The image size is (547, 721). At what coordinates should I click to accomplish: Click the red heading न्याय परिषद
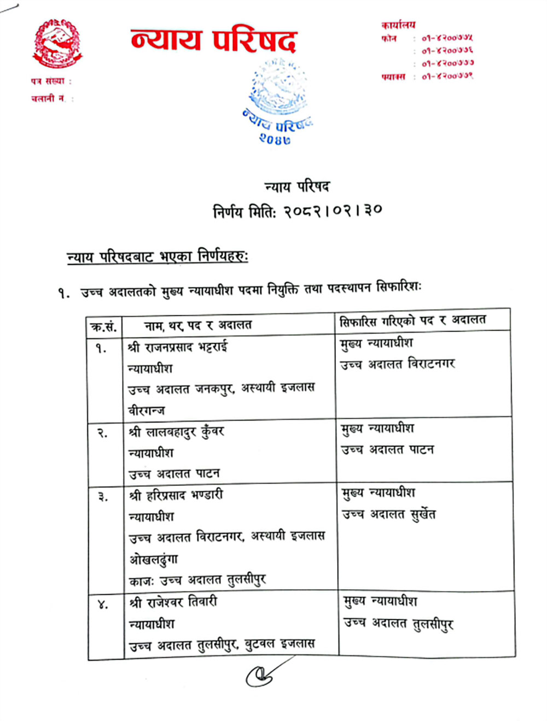pyautogui.click(x=213, y=40)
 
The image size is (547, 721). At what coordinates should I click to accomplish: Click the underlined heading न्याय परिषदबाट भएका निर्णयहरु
pyautogui.click(x=157, y=257)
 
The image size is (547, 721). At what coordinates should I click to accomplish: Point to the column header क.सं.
pyautogui.click(x=103, y=327)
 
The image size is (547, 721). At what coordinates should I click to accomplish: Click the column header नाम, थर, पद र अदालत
pyautogui.click(x=197, y=326)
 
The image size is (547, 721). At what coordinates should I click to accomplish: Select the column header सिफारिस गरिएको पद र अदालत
pyautogui.click(x=412, y=321)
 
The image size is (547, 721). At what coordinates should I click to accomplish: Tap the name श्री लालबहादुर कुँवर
pyautogui.click(x=177, y=432)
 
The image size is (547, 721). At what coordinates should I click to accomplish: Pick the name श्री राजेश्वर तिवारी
pyautogui.click(x=173, y=602)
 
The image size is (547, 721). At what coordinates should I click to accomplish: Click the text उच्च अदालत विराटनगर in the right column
pyautogui.click(x=398, y=364)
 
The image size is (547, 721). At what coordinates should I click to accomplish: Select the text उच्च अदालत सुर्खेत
pyautogui.click(x=389, y=514)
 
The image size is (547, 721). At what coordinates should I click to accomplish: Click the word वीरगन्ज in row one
pyautogui.click(x=146, y=410)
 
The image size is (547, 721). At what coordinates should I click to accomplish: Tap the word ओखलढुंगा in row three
pyautogui.click(x=154, y=559)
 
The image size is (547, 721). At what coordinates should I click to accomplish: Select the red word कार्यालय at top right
pyautogui.click(x=398, y=25)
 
